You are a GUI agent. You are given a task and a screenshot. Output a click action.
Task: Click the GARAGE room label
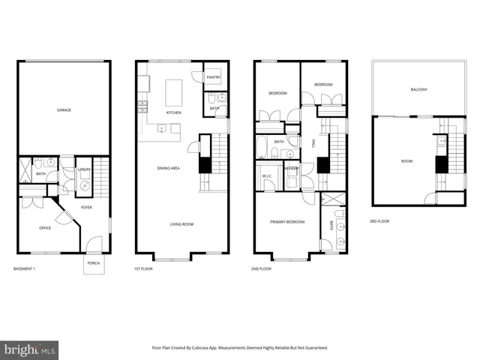click(64, 110)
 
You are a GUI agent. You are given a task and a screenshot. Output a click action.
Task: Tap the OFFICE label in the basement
click(44, 228)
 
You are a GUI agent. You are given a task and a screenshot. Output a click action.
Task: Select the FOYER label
click(86, 207)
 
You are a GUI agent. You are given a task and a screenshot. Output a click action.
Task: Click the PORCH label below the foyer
click(94, 263)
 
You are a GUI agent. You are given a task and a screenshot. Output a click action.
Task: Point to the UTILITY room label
click(84, 171)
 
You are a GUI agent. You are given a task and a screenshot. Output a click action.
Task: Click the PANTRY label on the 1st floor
click(213, 76)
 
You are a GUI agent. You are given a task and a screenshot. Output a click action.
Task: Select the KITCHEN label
click(173, 112)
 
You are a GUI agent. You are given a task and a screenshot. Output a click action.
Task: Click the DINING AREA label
click(168, 168)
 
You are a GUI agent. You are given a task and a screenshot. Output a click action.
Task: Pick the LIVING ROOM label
click(182, 224)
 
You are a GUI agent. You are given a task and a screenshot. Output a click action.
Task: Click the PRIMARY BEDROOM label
click(286, 222)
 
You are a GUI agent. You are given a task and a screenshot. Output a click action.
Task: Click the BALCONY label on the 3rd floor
click(418, 90)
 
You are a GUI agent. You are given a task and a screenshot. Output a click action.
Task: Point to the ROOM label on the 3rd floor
click(406, 161)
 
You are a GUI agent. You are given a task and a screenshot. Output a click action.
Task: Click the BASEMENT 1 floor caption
click(28, 268)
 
